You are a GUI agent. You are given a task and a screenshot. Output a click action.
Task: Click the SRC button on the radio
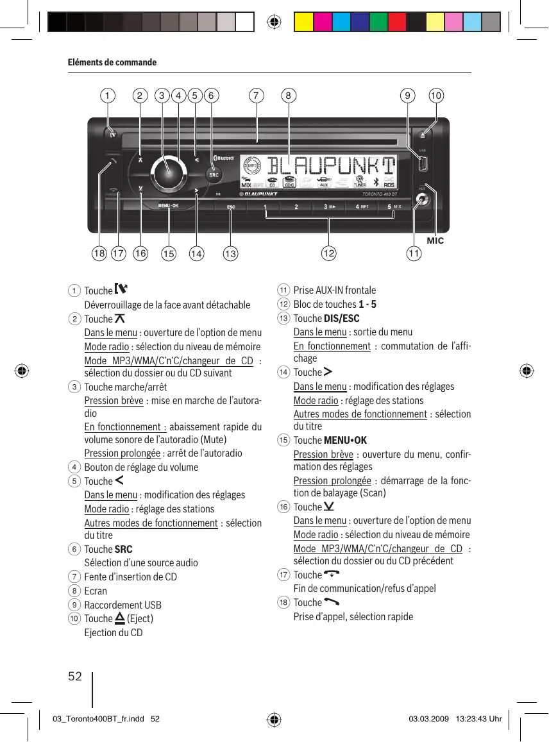(x=214, y=174)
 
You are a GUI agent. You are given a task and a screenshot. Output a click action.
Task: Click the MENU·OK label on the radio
(x=169, y=206)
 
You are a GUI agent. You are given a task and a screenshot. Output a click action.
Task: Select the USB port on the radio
(x=423, y=164)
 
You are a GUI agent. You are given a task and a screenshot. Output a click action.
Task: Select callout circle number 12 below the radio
(x=329, y=254)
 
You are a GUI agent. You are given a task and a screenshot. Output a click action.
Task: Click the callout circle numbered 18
(x=99, y=254)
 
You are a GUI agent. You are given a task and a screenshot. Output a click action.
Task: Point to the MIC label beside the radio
(x=435, y=240)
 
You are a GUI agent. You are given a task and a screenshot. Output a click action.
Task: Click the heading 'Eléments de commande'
(x=112, y=62)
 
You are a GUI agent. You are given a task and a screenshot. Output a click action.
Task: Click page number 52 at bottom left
(x=75, y=676)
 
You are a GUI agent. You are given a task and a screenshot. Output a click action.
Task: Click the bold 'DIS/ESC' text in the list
(x=342, y=319)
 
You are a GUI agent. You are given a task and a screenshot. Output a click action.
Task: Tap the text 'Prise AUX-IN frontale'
(x=335, y=291)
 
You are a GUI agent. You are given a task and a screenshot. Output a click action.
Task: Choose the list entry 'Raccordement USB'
(x=123, y=605)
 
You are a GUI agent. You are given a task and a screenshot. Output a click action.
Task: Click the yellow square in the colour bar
(x=303, y=22)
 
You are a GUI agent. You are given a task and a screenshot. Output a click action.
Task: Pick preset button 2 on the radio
(x=296, y=207)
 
